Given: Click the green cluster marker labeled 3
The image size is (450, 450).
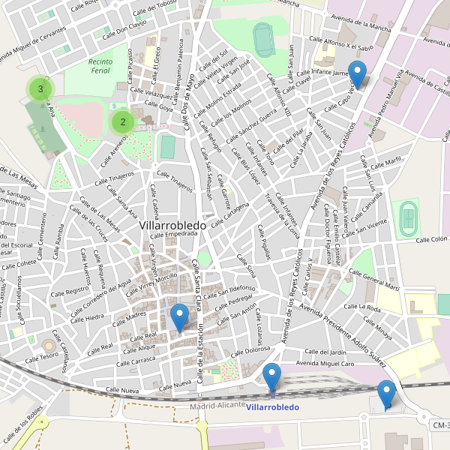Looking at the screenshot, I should click(x=40, y=89).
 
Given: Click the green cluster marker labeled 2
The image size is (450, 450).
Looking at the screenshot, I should click(x=122, y=121).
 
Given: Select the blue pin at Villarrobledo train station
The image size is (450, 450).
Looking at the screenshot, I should click(x=272, y=375).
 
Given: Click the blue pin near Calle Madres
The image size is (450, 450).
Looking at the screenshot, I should click(x=179, y=317).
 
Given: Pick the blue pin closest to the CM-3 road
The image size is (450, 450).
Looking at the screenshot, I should click(x=386, y=394).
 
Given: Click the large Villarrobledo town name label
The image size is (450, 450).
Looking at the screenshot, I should click(x=178, y=224).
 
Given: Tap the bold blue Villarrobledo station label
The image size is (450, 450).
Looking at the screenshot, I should click(x=272, y=407).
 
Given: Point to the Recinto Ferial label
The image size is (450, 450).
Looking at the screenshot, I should click(x=99, y=66).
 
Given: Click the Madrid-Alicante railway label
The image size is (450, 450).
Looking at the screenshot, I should click(x=217, y=405).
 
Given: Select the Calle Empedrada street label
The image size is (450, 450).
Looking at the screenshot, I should click(x=172, y=234).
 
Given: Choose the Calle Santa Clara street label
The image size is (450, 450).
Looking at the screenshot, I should click(x=198, y=285).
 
